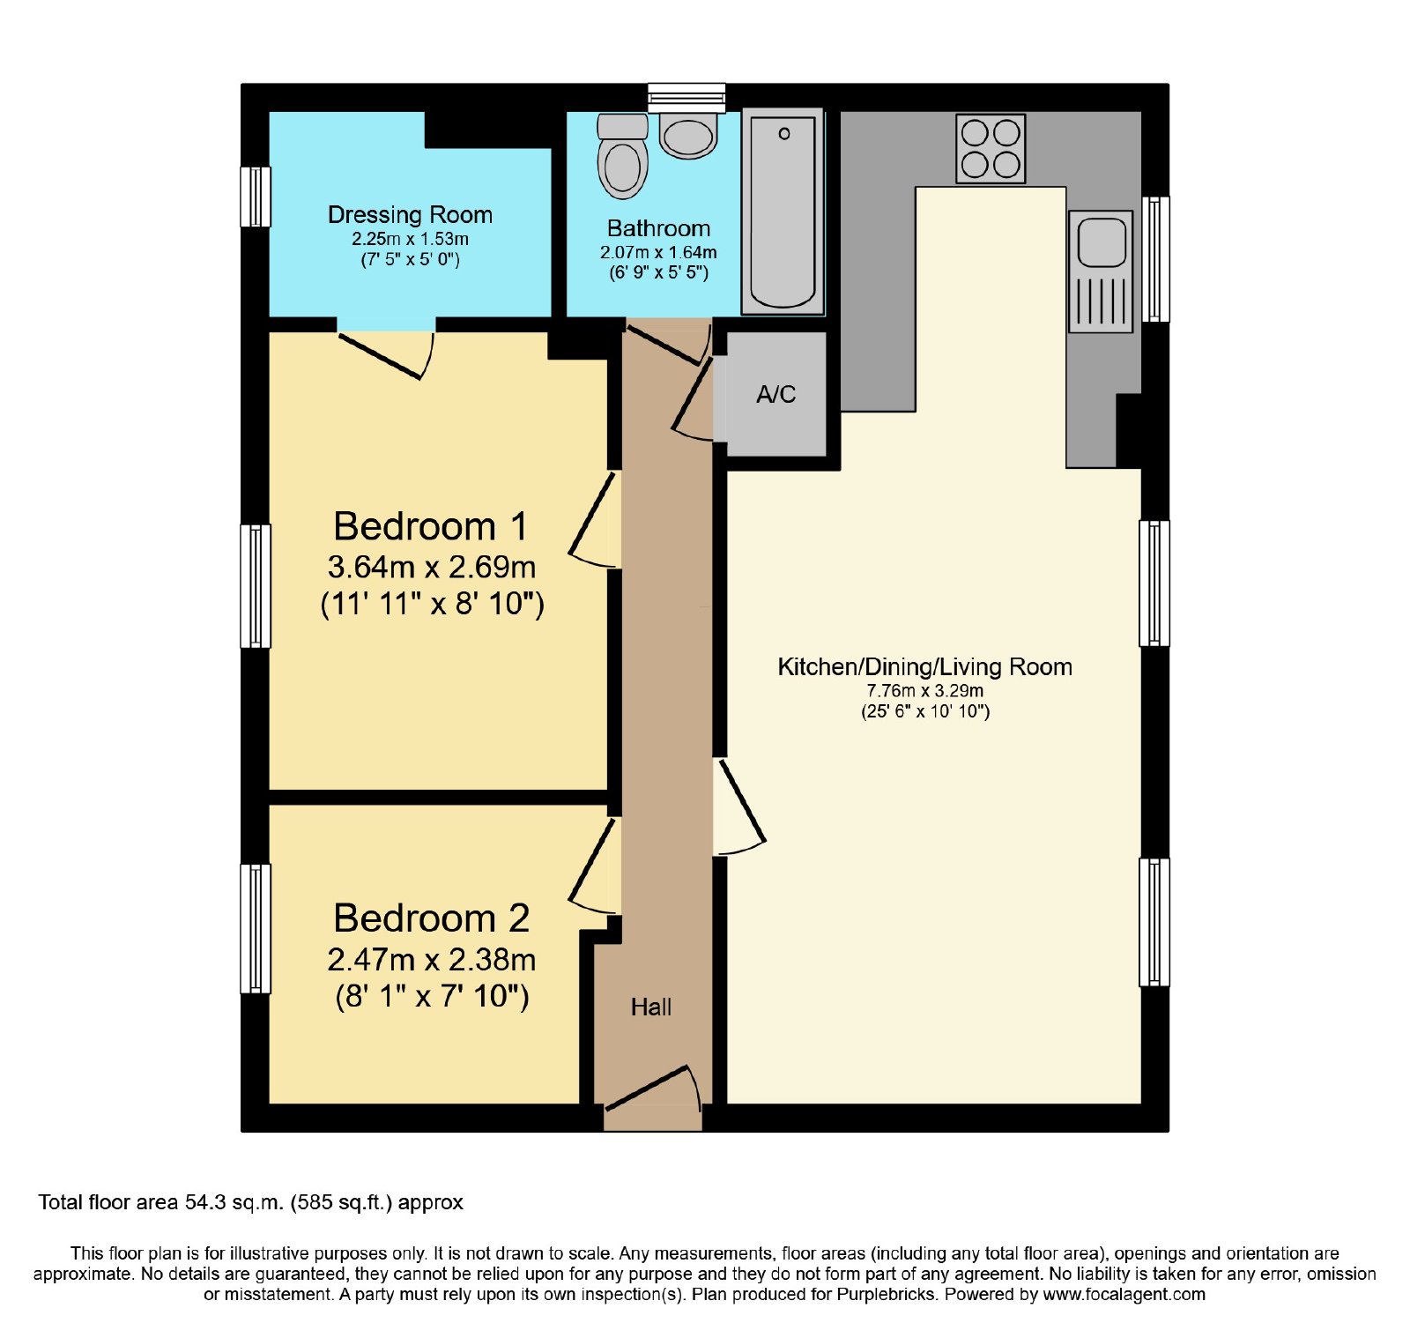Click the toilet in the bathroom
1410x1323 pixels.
622,156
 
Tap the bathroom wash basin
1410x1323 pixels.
688,136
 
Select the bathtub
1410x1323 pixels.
783,211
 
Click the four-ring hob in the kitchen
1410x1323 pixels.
991,148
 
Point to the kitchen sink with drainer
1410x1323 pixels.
1101,271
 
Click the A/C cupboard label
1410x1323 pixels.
776,394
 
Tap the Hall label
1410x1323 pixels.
651,1007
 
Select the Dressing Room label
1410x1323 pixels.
410,215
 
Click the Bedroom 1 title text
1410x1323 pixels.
431,526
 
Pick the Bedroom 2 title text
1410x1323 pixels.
432,918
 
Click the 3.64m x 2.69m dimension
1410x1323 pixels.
432,567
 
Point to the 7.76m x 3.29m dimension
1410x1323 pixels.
925,691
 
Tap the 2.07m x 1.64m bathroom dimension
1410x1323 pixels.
658,252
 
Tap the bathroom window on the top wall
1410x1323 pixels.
686,97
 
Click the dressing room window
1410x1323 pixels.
256,197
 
